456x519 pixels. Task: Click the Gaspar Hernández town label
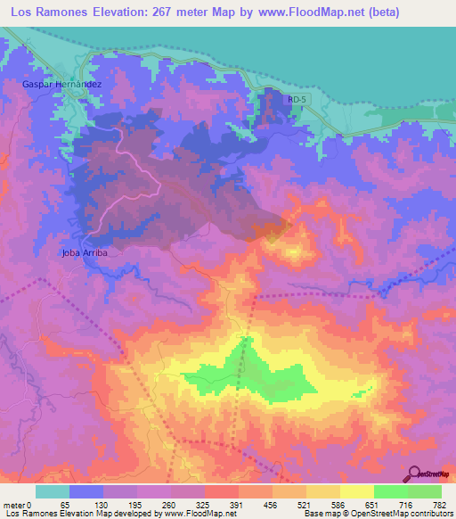(62, 84)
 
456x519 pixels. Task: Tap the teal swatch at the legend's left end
(53, 491)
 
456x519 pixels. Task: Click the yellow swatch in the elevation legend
(357, 491)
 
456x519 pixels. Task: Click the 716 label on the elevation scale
(405, 504)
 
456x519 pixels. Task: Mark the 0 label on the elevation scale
(29, 504)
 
